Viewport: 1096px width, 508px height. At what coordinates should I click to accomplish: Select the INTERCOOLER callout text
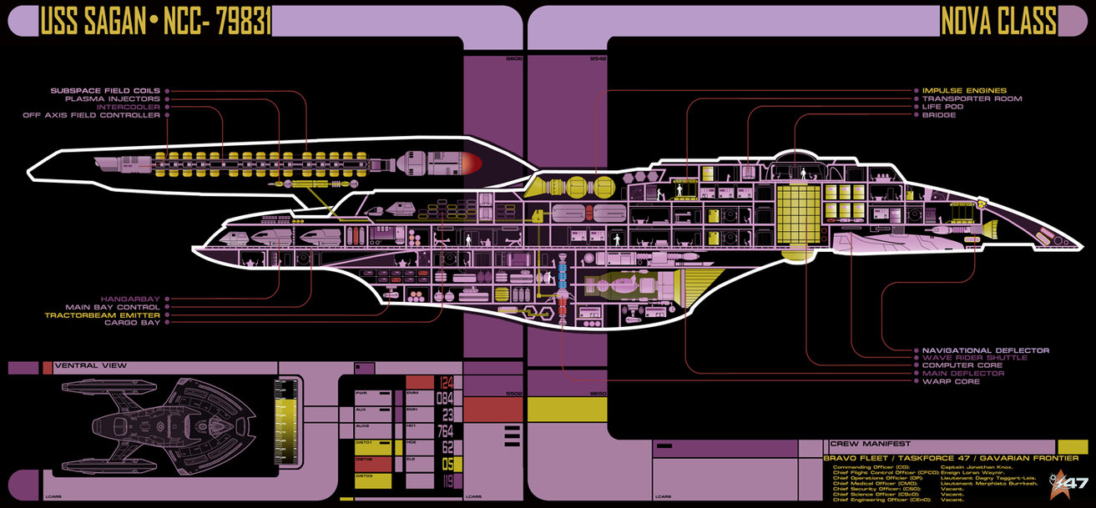point(129,107)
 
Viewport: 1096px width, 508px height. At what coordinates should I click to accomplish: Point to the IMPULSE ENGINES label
point(964,90)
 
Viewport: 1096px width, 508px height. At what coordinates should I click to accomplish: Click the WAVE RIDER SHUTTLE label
point(974,358)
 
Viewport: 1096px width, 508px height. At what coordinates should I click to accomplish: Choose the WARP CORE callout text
point(951,381)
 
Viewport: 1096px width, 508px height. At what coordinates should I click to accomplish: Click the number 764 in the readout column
point(444,430)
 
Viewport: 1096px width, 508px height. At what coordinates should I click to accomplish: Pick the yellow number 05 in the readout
point(447,464)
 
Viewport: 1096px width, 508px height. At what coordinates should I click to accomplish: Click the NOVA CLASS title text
point(998,22)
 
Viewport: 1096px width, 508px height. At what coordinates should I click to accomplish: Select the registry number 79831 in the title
point(242,23)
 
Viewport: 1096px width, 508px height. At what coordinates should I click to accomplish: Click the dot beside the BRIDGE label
point(915,115)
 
